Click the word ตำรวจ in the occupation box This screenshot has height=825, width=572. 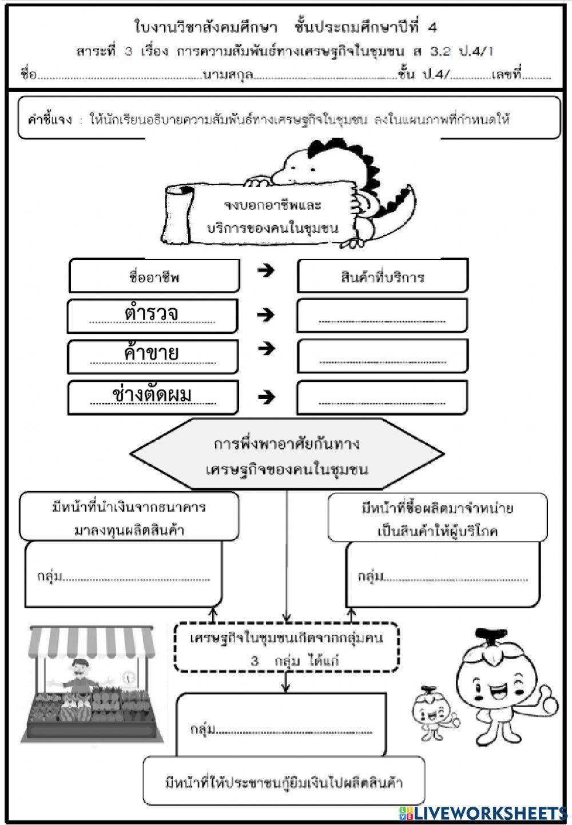pos(152,313)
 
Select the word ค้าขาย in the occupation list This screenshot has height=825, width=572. pos(152,353)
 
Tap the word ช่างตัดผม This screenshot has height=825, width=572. pos(152,394)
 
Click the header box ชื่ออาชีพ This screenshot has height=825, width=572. pos(154,277)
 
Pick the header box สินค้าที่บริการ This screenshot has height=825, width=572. pos(382,277)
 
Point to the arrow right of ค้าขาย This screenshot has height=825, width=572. pos(266,349)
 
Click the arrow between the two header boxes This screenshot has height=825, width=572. pos(266,270)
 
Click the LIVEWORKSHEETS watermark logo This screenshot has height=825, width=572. pos(483,813)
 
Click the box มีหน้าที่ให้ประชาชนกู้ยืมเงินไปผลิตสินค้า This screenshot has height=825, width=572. pos(284,782)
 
